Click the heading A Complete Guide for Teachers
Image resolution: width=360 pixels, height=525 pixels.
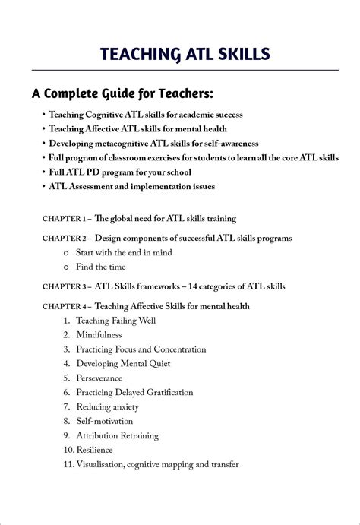(x=122, y=94)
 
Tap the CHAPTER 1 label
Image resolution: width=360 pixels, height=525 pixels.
(x=65, y=219)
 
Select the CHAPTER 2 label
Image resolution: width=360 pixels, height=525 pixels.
(x=65, y=238)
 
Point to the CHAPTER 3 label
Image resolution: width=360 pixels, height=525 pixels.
(x=65, y=286)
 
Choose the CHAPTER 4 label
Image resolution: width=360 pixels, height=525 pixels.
(x=65, y=306)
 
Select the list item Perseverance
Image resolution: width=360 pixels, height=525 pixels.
(x=99, y=378)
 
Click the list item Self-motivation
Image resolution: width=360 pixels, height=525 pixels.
(x=104, y=421)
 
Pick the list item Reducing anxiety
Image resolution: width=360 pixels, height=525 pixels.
(x=107, y=406)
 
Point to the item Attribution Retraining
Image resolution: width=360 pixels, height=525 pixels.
(x=117, y=435)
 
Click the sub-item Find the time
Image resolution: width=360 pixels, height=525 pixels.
(x=100, y=267)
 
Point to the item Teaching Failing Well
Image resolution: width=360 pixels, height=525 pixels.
(x=115, y=321)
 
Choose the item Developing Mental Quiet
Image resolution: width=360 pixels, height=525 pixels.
(x=123, y=363)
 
